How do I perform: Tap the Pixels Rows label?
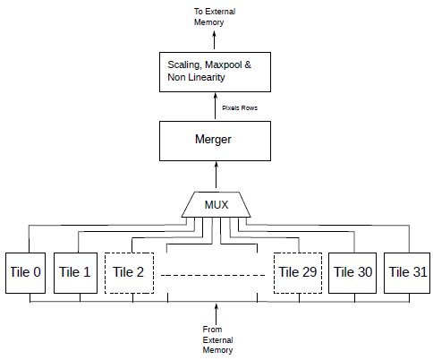coord(240,107)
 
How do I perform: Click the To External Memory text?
coord(215,17)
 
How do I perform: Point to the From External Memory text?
coord(217,339)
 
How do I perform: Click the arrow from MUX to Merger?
coord(216,175)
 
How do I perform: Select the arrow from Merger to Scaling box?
coord(216,106)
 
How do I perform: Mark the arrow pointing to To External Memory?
coord(214,40)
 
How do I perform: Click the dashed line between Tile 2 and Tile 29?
coord(213,275)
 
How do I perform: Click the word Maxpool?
coord(223,65)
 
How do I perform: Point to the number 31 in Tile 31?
coord(420,271)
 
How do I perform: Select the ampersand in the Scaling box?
coord(248,64)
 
